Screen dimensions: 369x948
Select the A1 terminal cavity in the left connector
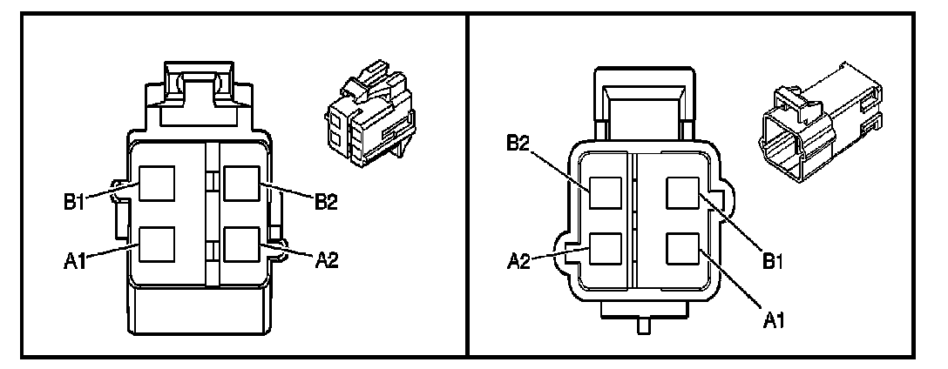[x=158, y=244]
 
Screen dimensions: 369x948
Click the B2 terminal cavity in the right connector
[x=606, y=191]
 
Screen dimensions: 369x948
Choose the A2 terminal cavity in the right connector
[x=606, y=250]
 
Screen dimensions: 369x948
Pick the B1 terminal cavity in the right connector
[x=681, y=191]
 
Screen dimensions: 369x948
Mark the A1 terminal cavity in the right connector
[x=681, y=250]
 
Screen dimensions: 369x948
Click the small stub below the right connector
[x=645, y=327]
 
